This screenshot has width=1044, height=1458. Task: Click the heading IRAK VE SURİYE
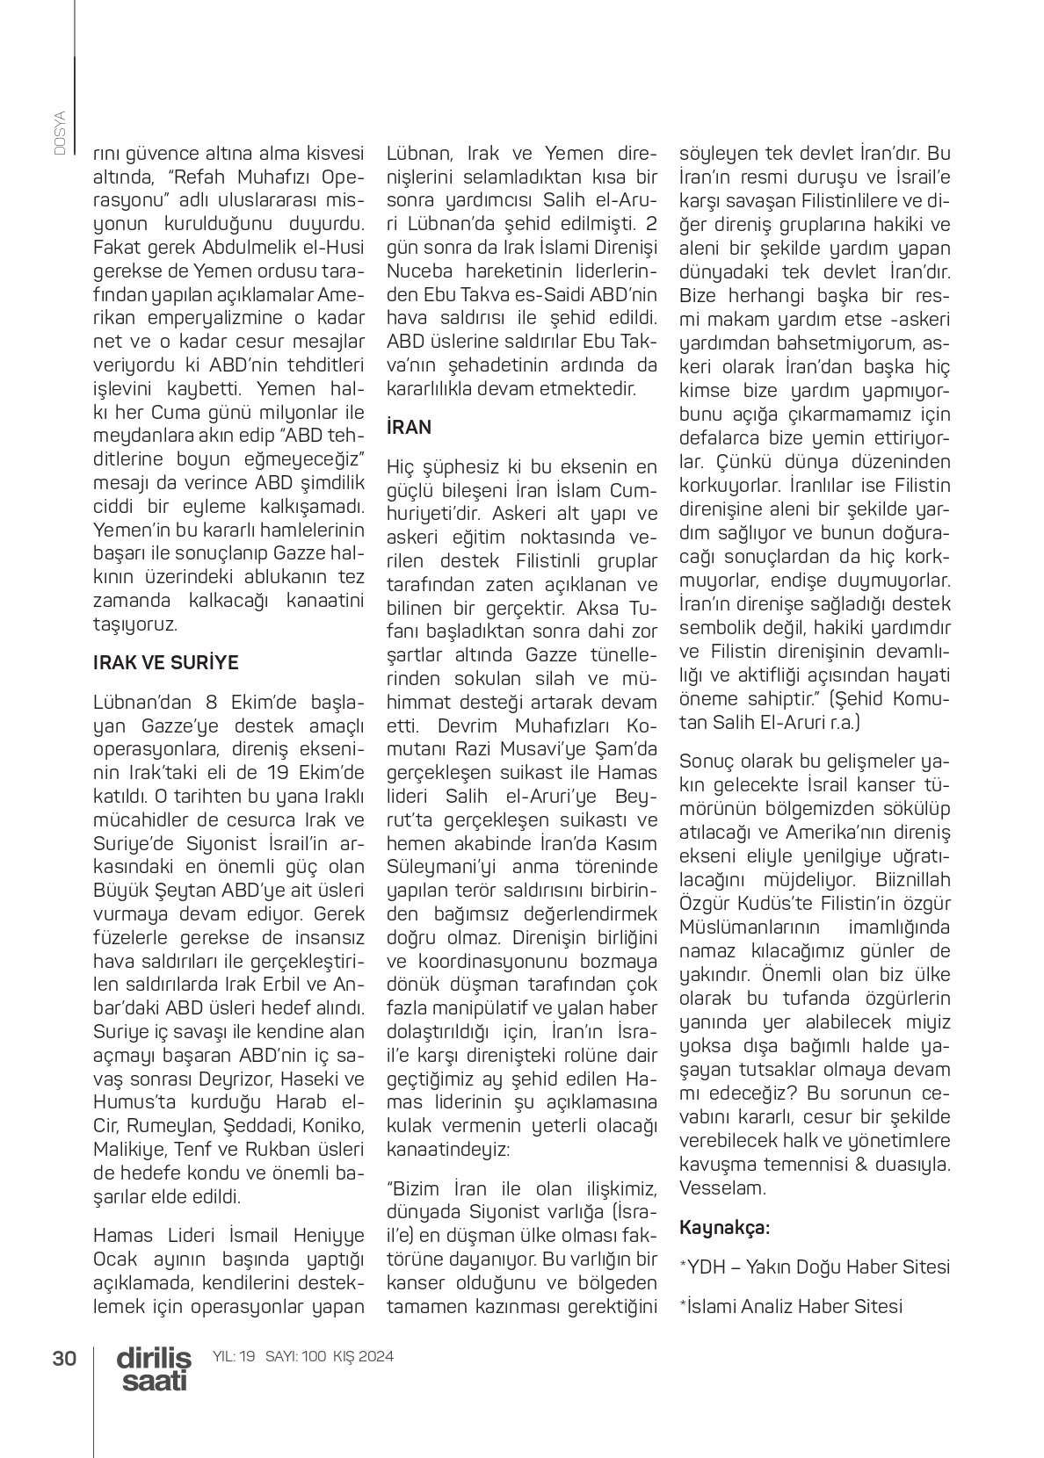pos(165,662)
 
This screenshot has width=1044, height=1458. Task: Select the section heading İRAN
pos(410,428)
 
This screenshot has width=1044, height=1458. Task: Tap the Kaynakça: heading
pos(725,1227)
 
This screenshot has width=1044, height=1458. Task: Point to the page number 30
pos(64,1358)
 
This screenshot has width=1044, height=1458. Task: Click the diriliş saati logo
pos(154,1368)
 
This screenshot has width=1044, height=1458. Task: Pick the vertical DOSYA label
pos(60,134)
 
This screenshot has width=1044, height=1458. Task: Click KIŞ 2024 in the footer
pos(363,1356)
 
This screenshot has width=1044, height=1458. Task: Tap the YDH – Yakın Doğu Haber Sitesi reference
pos(815,1267)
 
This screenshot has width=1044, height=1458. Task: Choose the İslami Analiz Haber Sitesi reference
pos(791,1306)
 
